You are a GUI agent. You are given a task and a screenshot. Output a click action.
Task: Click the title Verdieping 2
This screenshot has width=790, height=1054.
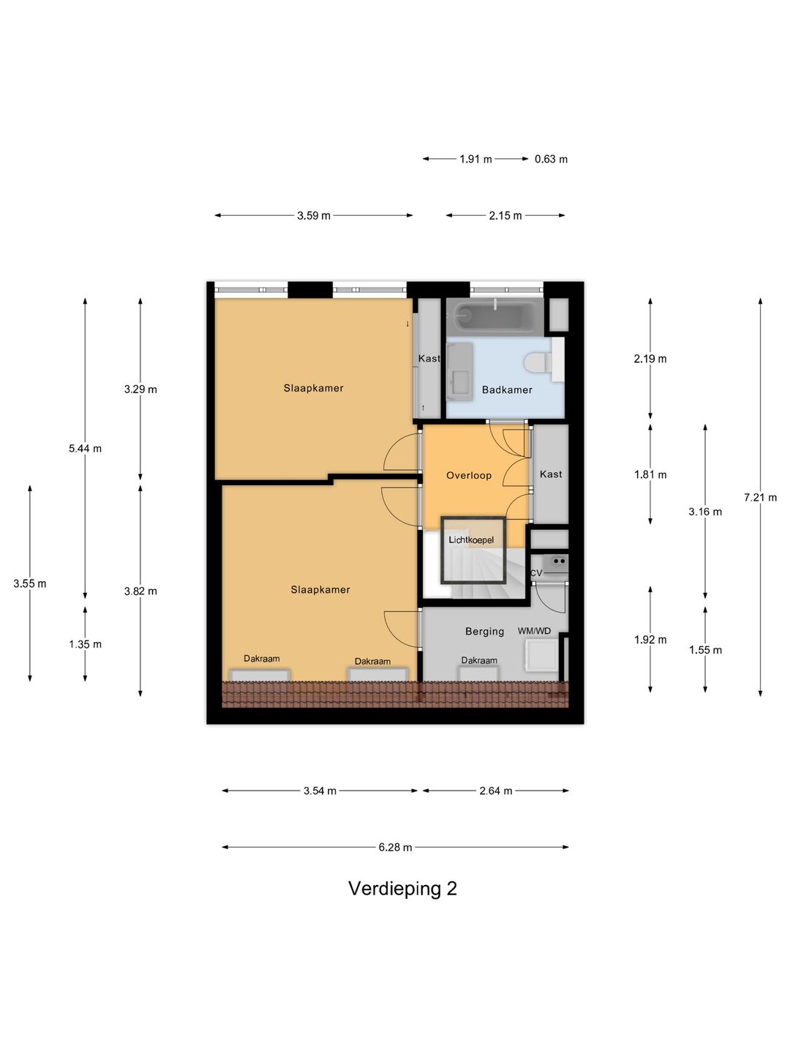coord(402,889)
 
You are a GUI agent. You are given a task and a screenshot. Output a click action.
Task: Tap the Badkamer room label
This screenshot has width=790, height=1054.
coord(507,390)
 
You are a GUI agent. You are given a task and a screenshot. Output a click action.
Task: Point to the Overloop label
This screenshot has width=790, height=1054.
coord(469,476)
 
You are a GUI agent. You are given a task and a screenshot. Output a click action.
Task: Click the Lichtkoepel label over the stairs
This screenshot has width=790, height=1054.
coord(471,540)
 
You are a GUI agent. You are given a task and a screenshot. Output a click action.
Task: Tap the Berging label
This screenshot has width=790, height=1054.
coord(484,632)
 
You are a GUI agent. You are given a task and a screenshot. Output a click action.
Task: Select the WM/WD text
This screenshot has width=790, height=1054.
coord(534,631)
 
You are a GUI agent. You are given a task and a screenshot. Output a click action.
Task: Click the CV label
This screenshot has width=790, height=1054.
coord(536,573)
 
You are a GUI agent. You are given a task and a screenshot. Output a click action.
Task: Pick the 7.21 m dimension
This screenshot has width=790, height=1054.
coord(760,498)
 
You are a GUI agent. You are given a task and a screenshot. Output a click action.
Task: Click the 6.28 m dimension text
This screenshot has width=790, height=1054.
coord(395,848)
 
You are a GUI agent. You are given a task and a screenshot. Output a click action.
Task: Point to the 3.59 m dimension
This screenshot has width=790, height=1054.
coord(313,216)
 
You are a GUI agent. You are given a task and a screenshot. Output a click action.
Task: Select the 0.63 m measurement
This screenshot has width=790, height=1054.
coord(551,159)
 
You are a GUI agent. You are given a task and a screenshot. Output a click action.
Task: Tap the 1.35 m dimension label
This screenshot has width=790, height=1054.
coord(85,645)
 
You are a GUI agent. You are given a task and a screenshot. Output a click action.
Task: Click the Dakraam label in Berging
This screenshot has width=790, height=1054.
coord(479,660)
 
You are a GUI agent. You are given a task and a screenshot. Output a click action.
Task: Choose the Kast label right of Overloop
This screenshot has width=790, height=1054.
coord(551,474)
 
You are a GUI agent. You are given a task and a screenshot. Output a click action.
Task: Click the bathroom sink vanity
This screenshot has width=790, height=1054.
coord(459,372)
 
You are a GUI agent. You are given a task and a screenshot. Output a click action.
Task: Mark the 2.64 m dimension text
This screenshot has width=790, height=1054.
coord(495,791)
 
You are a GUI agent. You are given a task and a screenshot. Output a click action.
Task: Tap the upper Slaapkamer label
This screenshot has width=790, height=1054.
coord(313,389)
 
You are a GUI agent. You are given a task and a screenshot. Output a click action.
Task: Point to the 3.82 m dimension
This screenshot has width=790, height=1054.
coord(140,591)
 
